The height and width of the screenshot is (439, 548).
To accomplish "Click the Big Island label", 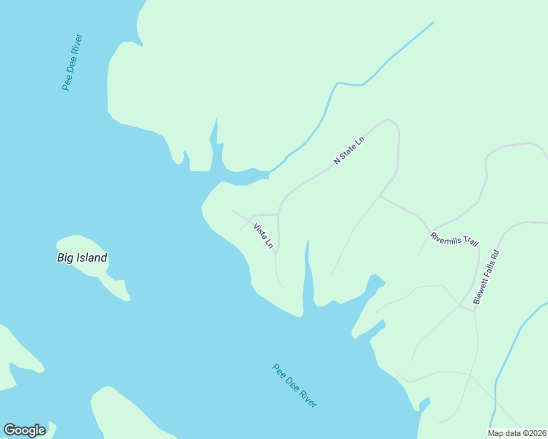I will coord(82,258).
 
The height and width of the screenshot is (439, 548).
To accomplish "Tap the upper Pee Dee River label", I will coord(73,61).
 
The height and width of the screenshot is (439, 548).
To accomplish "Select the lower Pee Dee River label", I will coord(295,386).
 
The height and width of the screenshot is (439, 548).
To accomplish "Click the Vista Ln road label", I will coord(263,236).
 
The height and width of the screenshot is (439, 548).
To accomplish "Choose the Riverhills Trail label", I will coord(454,239).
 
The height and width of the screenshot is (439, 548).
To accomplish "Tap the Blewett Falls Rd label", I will coord(486,277).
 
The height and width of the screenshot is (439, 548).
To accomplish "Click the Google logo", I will coord(24,430).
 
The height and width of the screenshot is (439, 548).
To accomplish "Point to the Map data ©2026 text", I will coord(517,433).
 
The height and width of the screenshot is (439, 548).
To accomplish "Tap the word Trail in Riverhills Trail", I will coord(469,241).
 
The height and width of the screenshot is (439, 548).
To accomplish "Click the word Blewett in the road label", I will coord(481,291).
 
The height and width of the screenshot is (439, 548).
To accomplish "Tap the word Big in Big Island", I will coord(64,258).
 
